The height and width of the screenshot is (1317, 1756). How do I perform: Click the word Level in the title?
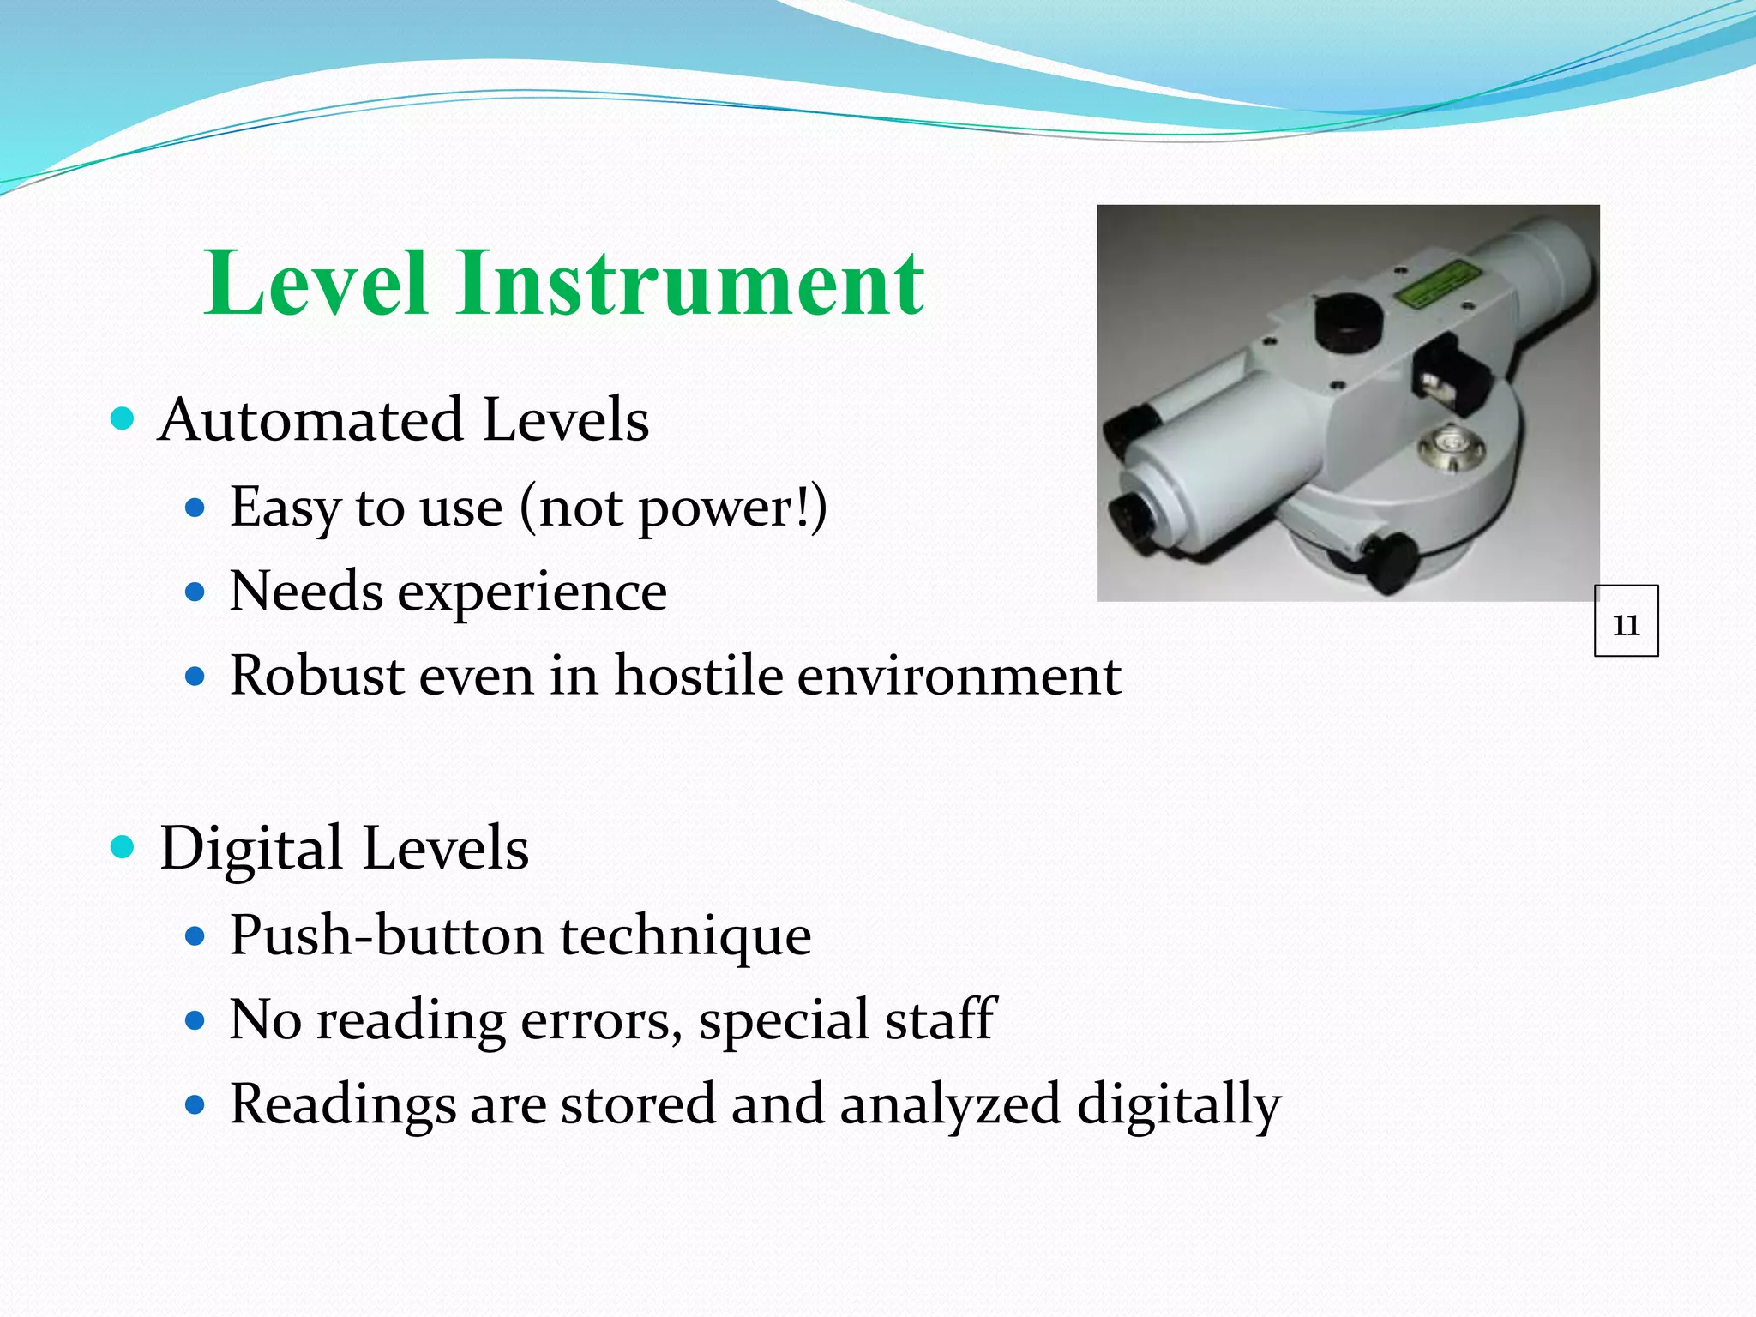coord(316,284)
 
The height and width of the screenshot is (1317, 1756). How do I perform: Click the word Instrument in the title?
coord(691,284)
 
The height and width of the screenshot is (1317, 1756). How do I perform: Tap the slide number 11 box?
coord(1626,622)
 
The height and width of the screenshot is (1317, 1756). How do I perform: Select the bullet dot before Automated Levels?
coord(123,419)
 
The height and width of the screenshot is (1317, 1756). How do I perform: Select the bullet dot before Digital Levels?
coord(123,847)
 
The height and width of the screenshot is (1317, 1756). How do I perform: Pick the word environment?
coord(959,676)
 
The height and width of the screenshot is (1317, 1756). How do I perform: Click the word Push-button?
coord(387,935)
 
